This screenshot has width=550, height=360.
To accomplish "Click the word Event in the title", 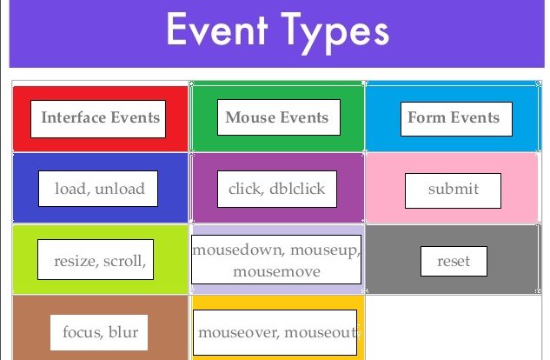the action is pyautogui.click(x=217, y=29).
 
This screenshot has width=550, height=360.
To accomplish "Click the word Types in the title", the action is pyautogui.click(x=335, y=33).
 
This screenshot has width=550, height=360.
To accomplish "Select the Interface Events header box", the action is pyautogui.click(x=98, y=119).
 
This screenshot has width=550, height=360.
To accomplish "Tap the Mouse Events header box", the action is pyautogui.click(x=279, y=117).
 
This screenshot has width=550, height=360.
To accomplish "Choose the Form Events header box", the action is pyautogui.click(x=456, y=119).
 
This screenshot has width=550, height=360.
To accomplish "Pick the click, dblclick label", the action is pyautogui.click(x=277, y=189).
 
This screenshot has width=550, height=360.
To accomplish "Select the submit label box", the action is pyautogui.click(x=453, y=190).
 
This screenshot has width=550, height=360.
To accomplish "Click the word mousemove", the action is pyautogui.click(x=277, y=271).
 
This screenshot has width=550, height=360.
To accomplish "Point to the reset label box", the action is pyautogui.click(x=454, y=261).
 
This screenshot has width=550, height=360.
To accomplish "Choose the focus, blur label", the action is pyautogui.click(x=99, y=332).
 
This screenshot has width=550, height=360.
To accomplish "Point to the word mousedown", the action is pyautogui.click(x=238, y=250).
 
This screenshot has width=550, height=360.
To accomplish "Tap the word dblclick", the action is pyautogui.click(x=297, y=189).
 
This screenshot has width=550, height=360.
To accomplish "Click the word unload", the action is pyautogui.click(x=120, y=189).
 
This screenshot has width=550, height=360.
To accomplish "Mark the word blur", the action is pyautogui.click(x=123, y=332).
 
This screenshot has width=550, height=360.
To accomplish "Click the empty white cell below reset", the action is pyautogui.click(x=454, y=327).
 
